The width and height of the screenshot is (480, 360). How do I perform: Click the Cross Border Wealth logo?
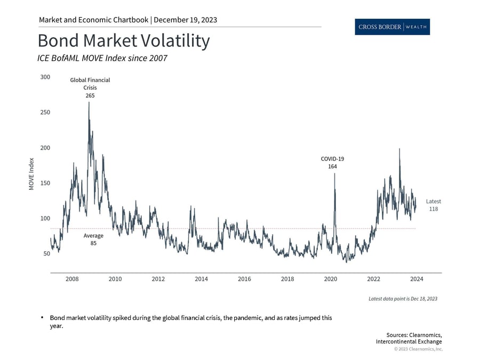[x=392, y=27]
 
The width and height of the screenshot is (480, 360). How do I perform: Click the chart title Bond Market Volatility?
[x=123, y=41]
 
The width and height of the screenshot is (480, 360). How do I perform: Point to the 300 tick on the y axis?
[x=45, y=77]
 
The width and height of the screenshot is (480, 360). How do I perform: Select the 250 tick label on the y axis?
[x=45, y=113]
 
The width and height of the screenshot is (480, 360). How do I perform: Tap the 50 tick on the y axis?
[x=46, y=254]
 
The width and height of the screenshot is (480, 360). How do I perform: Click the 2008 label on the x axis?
[x=72, y=279]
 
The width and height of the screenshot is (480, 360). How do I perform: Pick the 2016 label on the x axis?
[x=244, y=279]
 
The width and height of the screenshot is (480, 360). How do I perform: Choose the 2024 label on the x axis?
[x=417, y=279]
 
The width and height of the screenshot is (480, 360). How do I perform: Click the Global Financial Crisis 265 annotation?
[x=90, y=87]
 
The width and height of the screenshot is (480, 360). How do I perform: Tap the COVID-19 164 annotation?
[x=332, y=163]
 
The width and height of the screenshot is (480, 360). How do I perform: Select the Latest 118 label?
[x=433, y=205]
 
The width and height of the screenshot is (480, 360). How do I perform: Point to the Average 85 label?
[x=93, y=239]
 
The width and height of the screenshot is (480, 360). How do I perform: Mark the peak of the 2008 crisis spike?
[x=89, y=102]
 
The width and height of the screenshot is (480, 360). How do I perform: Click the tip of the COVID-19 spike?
[x=334, y=173]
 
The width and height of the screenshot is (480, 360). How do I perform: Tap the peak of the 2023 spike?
[x=399, y=149]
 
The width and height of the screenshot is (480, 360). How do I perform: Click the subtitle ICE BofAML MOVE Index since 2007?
[x=102, y=58]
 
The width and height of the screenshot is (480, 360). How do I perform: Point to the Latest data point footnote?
[x=403, y=299]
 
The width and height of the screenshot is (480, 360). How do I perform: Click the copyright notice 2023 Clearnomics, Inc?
[x=419, y=349]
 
